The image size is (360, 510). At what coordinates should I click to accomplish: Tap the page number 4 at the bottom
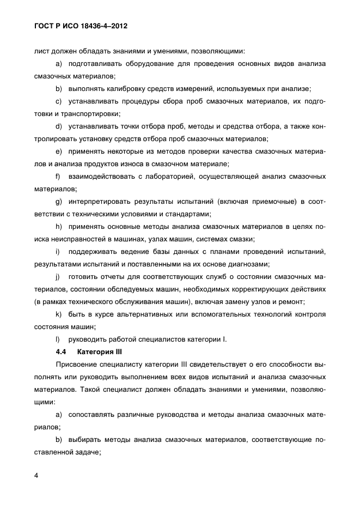click(35, 476)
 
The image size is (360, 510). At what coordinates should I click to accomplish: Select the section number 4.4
click(60, 351)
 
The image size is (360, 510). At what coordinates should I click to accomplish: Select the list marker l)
click(58, 339)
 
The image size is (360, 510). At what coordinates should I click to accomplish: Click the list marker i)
click(58, 252)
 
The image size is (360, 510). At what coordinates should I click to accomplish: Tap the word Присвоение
click(80, 364)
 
